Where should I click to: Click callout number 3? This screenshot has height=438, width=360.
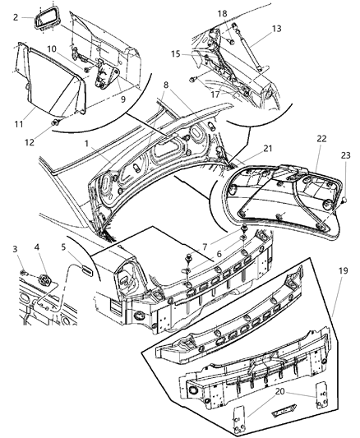tap(13, 248)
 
